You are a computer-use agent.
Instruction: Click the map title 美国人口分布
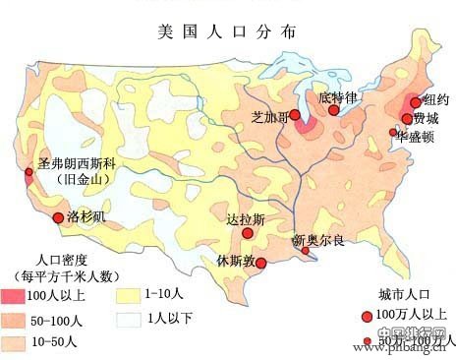point(228,30)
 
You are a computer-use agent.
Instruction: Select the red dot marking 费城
point(407,118)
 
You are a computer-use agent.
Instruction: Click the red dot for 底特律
point(335,110)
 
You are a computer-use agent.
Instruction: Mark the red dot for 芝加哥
point(295,116)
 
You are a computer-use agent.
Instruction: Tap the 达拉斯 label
point(245,219)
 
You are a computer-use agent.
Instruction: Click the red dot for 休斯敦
point(260,262)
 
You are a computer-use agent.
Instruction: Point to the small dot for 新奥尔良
point(305,251)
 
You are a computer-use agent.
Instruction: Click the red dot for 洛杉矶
point(59,217)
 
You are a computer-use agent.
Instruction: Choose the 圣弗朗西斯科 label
point(77,164)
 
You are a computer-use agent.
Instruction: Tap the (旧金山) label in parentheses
point(79,181)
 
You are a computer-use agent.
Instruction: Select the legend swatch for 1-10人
point(126,294)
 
